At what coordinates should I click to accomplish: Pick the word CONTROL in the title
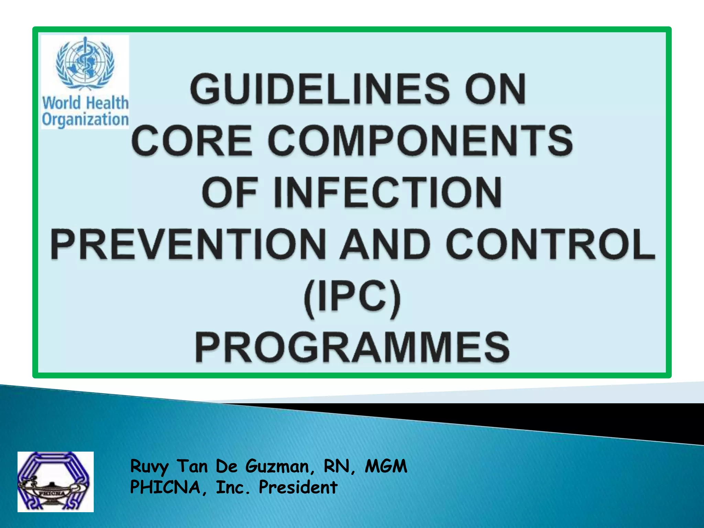coord(551,244)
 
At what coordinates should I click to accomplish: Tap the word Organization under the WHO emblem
coord(85,119)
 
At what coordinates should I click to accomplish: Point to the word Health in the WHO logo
coord(107,102)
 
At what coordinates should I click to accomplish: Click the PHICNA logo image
coord(55,482)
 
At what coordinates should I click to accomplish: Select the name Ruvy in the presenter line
coord(150,467)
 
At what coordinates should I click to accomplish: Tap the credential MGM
coord(386,466)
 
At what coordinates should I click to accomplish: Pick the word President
coord(298,487)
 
